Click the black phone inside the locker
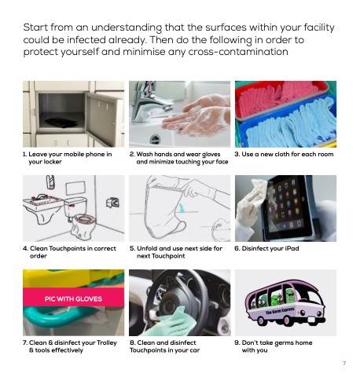tap(61, 123)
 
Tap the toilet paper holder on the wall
tap(113, 203)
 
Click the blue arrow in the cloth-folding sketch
tap(182, 208)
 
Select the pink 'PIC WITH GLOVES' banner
tap(73, 297)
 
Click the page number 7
tap(344, 363)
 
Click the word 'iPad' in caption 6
tap(292, 248)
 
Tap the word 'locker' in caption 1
tap(53, 162)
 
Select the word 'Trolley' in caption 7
tap(107, 342)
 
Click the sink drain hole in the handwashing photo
tap(155, 138)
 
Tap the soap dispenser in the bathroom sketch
tap(50, 182)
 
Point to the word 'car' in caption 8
tap(194, 350)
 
